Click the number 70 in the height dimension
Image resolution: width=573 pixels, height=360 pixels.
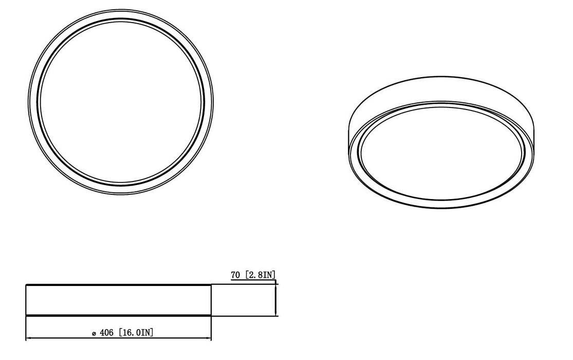(236, 275)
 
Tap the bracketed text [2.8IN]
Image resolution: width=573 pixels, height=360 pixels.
(261, 275)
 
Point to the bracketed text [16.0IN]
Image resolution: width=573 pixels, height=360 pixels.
(136, 333)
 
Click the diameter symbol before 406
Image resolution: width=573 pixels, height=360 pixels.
(93, 334)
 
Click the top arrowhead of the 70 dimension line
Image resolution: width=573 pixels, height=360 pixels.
(276, 287)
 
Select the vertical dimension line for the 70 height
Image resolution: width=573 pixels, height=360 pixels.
(276, 300)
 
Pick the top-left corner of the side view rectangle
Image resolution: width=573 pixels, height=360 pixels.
(26, 284)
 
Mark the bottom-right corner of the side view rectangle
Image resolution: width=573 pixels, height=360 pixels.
(211, 315)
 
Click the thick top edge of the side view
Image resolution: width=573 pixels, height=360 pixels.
(118, 284)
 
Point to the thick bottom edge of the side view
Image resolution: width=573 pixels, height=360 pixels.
(118, 315)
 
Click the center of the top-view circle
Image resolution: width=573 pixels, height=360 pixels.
(121, 101)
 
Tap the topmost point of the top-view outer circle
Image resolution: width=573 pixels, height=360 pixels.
(121, 9)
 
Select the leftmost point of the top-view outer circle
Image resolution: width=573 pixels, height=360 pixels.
(29, 101)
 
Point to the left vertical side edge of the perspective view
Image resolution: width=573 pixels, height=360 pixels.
(348, 136)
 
